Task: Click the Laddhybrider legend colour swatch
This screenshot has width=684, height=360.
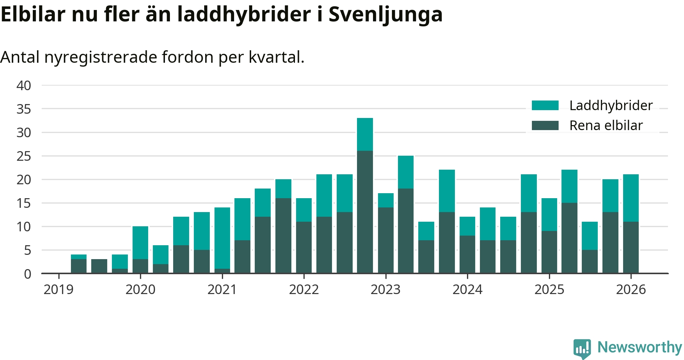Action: [545, 106]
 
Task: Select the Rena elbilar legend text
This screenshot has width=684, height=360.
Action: [606, 125]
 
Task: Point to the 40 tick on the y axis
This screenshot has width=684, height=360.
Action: [24, 86]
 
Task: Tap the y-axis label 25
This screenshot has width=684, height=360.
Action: [24, 156]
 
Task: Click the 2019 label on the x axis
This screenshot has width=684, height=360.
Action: [58, 289]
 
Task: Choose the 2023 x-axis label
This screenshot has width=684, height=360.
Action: [385, 289]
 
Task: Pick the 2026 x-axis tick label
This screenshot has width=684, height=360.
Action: [631, 289]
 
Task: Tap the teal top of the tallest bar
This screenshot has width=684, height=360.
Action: [365, 134]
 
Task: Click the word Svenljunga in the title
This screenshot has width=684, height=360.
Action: [385, 14]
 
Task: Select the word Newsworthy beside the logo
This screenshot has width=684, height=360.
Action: [639, 347]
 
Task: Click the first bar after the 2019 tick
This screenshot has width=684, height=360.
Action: [79, 264]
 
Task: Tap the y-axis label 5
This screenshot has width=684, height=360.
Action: [27, 250]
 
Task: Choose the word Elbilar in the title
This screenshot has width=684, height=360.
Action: [33, 14]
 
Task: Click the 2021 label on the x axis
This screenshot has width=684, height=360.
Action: [222, 289]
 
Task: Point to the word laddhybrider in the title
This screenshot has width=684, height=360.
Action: [244, 14]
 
